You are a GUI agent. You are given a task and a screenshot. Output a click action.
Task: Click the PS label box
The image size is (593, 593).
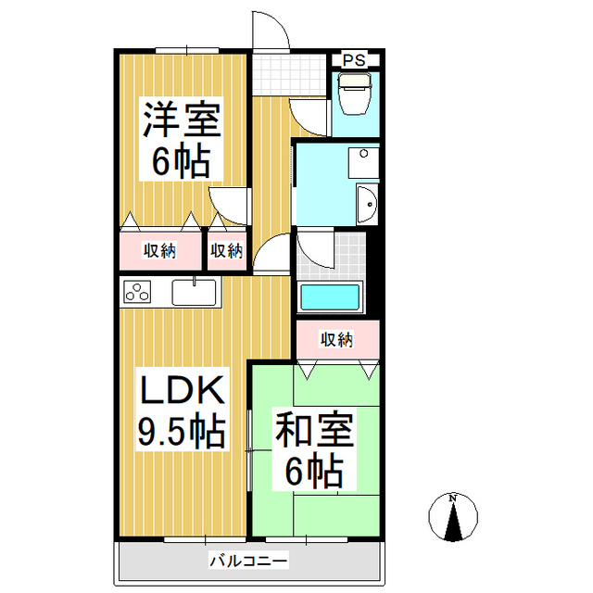coord(354,60)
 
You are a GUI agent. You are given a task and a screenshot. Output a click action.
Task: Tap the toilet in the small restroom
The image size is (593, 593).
coord(353,94)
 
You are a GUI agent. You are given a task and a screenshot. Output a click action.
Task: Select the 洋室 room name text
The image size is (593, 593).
coord(181,120)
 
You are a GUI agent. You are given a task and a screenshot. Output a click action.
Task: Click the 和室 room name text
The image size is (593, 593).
coord(314,433)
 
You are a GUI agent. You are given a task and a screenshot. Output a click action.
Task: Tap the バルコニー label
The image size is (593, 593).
coord(247,560)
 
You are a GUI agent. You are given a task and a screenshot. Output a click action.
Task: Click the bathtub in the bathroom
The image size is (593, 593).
coord(330,299)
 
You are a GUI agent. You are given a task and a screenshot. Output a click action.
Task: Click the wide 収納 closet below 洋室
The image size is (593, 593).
coord(159,250)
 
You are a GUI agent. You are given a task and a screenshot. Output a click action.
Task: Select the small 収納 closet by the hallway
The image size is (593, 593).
coord(226,250)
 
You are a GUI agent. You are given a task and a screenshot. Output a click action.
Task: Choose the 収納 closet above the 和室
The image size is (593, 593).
coord(337,340)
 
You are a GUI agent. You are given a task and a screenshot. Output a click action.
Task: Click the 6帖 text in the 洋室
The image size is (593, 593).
coord(181,163)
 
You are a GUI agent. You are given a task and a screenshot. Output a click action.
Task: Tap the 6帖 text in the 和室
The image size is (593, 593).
coord(314,473)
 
